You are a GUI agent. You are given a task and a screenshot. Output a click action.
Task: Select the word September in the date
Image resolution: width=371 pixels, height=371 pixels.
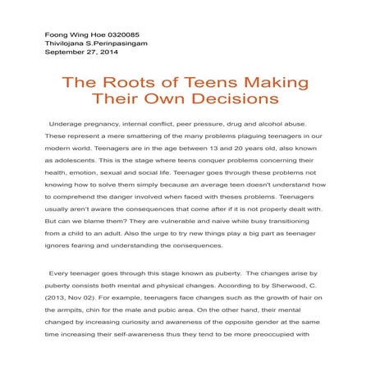point(67,53)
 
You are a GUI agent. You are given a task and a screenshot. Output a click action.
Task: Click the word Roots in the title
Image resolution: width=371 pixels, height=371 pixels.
point(142,84)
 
